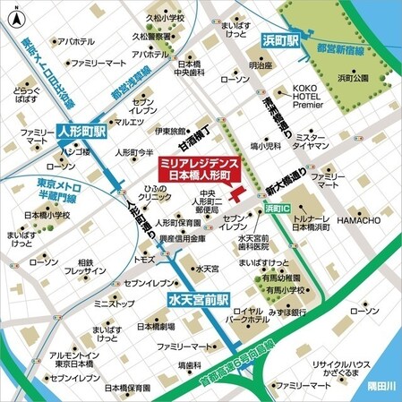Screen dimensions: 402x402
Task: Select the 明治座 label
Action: click(x=261, y=65)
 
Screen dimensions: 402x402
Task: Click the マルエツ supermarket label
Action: click(x=129, y=122)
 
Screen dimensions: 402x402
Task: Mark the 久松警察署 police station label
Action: click(x=152, y=38)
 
